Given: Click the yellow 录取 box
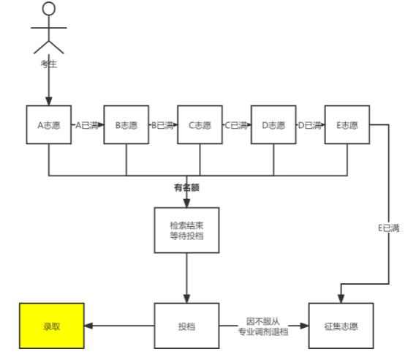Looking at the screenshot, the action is coord(51,326).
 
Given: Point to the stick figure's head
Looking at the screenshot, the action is coord(49,8).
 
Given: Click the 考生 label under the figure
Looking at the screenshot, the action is coord(49,64).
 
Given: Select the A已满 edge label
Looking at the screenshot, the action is coord(87,125).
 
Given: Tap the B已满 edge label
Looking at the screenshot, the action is coord(162,125).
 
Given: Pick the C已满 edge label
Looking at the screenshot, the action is coord(236,125).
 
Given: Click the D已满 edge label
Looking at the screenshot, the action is coord(309,125).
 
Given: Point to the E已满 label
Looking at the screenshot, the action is coord(389,228).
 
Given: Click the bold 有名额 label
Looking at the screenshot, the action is coord(186,187).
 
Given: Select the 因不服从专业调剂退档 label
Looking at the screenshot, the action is coord(263,326).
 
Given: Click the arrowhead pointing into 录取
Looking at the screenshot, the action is coord(88,326).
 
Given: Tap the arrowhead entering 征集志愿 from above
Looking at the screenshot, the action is coord(341,299).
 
